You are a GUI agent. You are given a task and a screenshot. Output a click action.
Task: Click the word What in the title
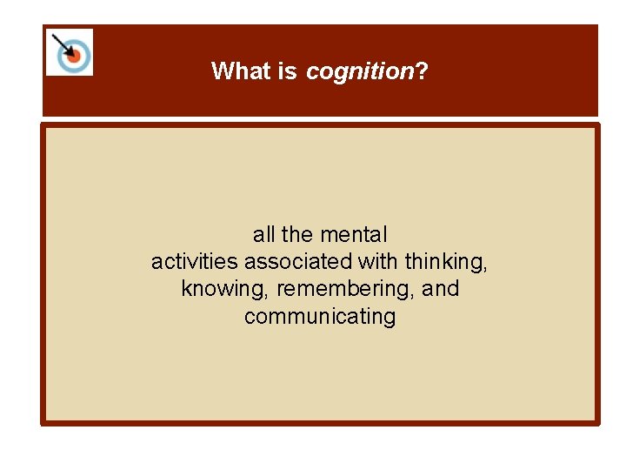242,70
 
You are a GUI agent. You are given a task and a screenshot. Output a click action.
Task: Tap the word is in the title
288,70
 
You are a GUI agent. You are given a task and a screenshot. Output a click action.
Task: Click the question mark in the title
423,70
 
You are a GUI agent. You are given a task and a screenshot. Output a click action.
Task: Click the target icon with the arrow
70,52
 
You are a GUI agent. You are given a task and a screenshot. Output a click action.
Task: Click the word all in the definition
264,234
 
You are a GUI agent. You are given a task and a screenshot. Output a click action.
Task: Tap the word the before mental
297,234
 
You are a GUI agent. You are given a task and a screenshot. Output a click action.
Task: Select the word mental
354,234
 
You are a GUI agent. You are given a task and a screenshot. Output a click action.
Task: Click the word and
440,288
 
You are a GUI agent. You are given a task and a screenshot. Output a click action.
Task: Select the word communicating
320,317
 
